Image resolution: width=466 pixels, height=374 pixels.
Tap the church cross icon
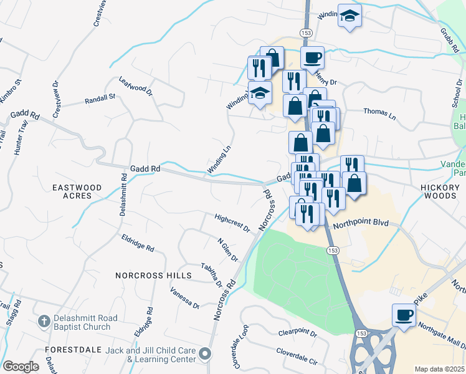click(x=44, y=322)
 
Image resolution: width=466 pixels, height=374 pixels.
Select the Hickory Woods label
click(x=430, y=191)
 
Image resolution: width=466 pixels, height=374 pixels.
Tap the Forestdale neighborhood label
click(x=72, y=350)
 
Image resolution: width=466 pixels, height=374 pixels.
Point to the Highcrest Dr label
click(x=232, y=223)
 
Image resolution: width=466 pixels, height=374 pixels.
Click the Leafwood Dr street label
click(x=135, y=85)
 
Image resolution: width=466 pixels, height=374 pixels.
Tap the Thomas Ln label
click(x=379, y=114)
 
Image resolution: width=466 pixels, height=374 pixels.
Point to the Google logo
click(x=21, y=367)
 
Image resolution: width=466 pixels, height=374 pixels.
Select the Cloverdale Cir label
click(x=297, y=356)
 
